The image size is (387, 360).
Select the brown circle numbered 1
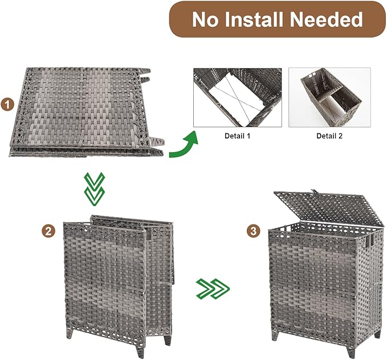(x=8, y=104)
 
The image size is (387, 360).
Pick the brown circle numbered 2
(x=48, y=231)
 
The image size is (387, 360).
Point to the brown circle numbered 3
(x=251, y=231)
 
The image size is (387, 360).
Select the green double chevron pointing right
(x=212, y=288)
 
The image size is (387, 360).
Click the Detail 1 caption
(x=237, y=136)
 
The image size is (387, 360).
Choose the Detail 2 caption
(x=330, y=136)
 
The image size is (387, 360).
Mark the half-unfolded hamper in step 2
(x=114, y=279)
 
